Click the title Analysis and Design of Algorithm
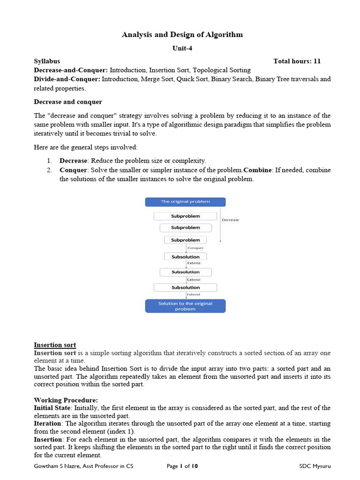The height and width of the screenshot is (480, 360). click(x=182, y=35)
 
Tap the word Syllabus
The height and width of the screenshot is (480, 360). click(x=47, y=61)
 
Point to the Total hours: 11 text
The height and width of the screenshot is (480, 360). click(x=297, y=61)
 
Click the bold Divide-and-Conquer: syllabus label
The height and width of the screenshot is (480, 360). click(x=67, y=79)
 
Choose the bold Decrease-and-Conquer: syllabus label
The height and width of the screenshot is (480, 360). click(x=71, y=70)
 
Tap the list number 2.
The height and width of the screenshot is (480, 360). click(x=49, y=170)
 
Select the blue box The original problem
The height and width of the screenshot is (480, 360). click(x=185, y=202)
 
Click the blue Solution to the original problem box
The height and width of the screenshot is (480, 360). click(x=185, y=306)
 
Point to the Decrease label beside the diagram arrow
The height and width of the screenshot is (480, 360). click(x=230, y=220)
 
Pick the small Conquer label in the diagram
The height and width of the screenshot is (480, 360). click(x=195, y=248)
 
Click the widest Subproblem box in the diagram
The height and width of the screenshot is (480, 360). click(x=185, y=216)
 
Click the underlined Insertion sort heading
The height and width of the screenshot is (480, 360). click(x=55, y=345)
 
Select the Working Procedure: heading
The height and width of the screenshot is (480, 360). click(x=66, y=400)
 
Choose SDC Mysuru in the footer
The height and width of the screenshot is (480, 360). click(x=315, y=466)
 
